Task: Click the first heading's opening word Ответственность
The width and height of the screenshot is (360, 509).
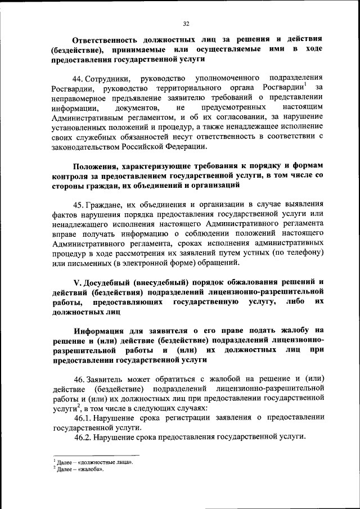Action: (x=103, y=39)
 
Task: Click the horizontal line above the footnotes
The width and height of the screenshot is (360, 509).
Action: (x=96, y=455)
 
